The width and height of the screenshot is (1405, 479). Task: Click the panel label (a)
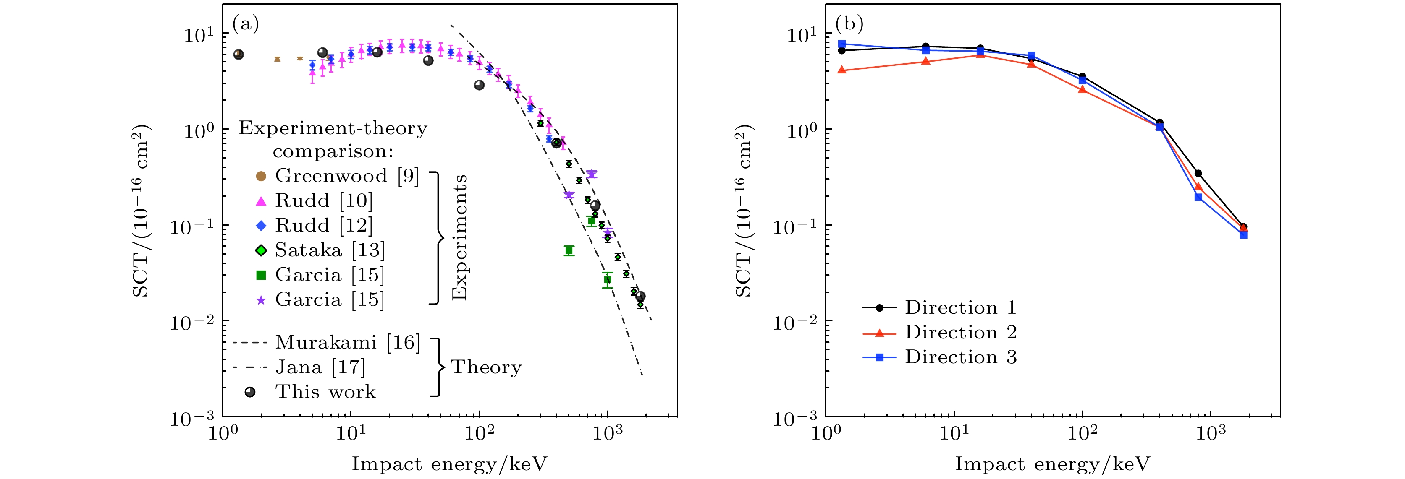click(246, 24)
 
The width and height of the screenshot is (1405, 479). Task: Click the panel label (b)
click(849, 24)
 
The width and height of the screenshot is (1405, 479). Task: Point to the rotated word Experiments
click(460, 237)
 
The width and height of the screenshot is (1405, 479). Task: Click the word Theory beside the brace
click(486, 367)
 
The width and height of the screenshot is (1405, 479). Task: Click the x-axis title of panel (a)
click(449, 464)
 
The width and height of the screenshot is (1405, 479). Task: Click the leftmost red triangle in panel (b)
click(841, 70)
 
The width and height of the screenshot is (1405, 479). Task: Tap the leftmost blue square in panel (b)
click(841, 44)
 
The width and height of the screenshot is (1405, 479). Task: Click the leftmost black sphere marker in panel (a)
click(239, 55)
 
